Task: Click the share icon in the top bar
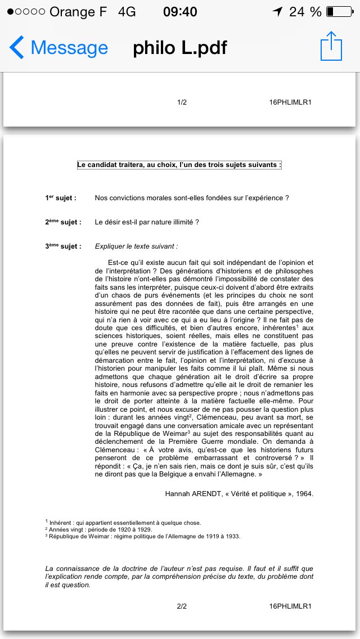click(x=331, y=46)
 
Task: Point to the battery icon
click(x=337, y=12)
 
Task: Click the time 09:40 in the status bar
click(x=180, y=12)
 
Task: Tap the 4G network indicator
click(x=127, y=12)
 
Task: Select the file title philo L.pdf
click(x=180, y=48)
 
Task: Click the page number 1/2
click(x=182, y=102)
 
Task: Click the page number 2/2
click(x=182, y=606)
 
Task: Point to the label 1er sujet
click(x=61, y=198)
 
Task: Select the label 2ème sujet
click(x=63, y=222)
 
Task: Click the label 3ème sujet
click(x=63, y=246)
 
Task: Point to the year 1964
click(x=303, y=494)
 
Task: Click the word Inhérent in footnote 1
click(x=61, y=523)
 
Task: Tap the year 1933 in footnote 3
click(x=232, y=536)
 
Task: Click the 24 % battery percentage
click(x=305, y=12)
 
